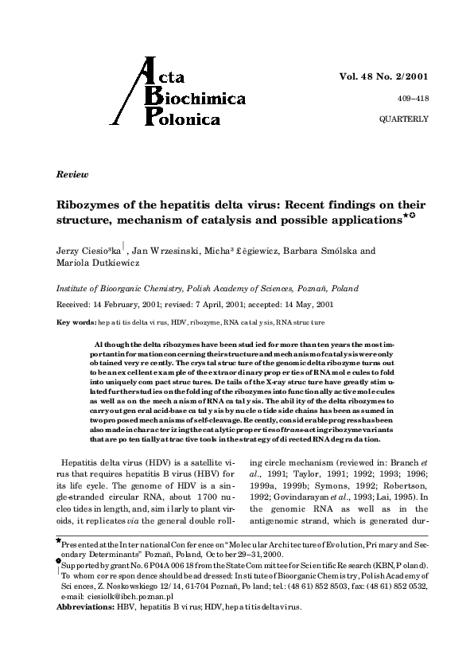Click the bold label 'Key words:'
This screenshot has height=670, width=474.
tap(75, 322)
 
